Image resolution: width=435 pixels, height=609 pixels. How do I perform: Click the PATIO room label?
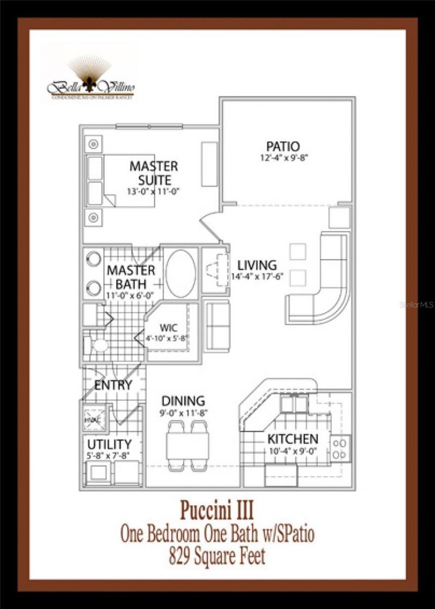tap(283, 147)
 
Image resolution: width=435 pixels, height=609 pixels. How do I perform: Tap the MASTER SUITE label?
tap(153, 173)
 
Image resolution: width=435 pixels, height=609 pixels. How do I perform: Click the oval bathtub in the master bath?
tap(181, 273)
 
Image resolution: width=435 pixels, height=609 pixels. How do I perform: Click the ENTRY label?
tap(113, 385)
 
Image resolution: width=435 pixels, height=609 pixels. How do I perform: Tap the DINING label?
tap(183, 401)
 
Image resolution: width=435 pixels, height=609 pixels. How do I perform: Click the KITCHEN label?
tap(293, 439)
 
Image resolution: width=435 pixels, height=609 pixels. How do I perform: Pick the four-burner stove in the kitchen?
tap(340, 448)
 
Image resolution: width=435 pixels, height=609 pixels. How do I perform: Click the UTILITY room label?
tap(109, 444)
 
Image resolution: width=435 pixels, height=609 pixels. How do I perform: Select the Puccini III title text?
tap(217, 511)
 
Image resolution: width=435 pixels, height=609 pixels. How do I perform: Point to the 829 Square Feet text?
tap(217, 556)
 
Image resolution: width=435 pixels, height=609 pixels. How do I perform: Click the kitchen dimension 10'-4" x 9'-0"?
tap(293, 450)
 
